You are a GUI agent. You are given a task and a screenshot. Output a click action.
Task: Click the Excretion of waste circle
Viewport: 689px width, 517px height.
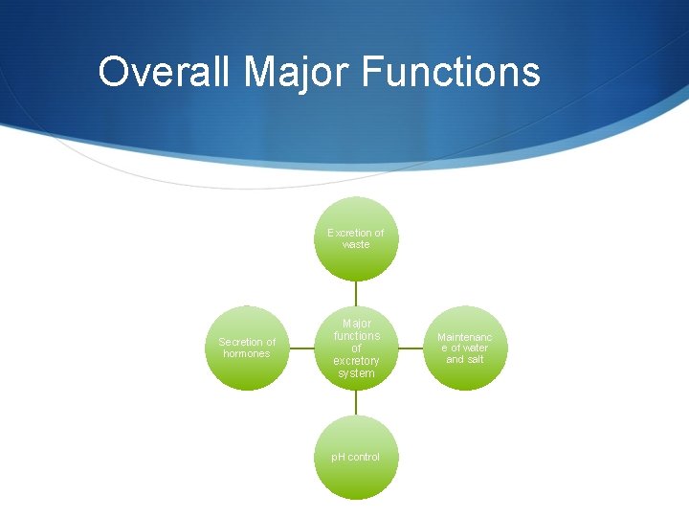(x=356, y=238)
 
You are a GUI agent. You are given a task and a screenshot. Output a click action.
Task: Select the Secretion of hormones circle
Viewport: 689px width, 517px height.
(x=247, y=348)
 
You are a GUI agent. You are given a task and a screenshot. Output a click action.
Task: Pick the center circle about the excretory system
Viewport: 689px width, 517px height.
(x=356, y=348)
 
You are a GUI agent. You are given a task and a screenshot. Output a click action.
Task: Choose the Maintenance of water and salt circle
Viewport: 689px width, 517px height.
(x=465, y=348)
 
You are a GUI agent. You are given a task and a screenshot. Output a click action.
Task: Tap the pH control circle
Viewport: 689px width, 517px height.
(x=356, y=457)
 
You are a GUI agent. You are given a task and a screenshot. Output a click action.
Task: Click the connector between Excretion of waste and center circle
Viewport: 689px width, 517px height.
(x=356, y=293)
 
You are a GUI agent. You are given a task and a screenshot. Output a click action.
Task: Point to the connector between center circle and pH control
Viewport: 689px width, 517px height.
(x=356, y=402)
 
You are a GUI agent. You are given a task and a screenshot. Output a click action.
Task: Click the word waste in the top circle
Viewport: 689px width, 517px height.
(x=356, y=245)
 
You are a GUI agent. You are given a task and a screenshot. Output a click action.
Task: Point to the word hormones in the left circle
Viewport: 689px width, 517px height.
(x=247, y=354)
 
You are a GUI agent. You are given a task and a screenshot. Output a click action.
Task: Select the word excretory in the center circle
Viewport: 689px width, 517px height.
(x=356, y=361)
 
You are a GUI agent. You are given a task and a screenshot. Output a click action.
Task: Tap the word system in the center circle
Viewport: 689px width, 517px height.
(x=356, y=373)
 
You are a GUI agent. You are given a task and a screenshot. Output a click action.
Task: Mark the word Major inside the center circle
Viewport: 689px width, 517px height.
(x=356, y=324)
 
